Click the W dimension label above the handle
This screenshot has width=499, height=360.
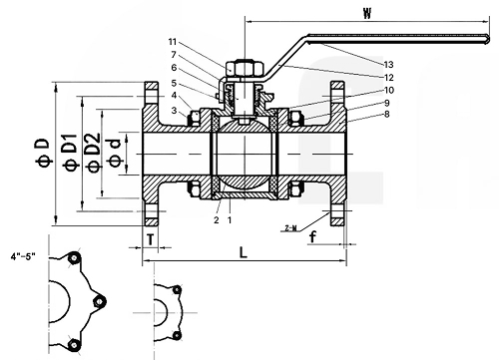click(x=367, y=13)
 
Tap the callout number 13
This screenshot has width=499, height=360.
click(x=388, y=64)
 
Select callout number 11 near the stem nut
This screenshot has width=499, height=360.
click(x=173, y=42)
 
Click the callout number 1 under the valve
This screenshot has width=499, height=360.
click(x=230, y=220)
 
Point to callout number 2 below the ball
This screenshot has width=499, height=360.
click(x=217, y=220)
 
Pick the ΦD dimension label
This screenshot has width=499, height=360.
click(x=43, y=152)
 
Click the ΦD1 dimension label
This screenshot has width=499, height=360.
click(x=72, y=152)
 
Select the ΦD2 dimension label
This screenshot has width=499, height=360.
click(x=93, y=153)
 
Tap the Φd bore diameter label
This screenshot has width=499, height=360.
click(x=114, y=153)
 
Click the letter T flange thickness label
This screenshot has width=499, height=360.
click(x=151, y=239)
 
